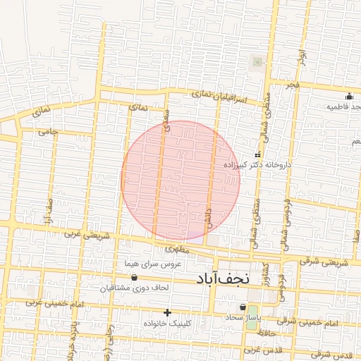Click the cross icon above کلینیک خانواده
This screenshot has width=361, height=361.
tap(167, 312)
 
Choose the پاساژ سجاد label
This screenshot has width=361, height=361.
tap(244, 318)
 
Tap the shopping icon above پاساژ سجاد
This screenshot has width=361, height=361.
tap(243, 307)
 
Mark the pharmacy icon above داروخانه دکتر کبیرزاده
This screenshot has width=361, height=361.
tap(257, 154)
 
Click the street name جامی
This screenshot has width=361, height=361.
tap(48, 131)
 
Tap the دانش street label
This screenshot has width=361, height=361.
tap(209, 215)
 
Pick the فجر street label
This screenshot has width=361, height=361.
tap(293, 84)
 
